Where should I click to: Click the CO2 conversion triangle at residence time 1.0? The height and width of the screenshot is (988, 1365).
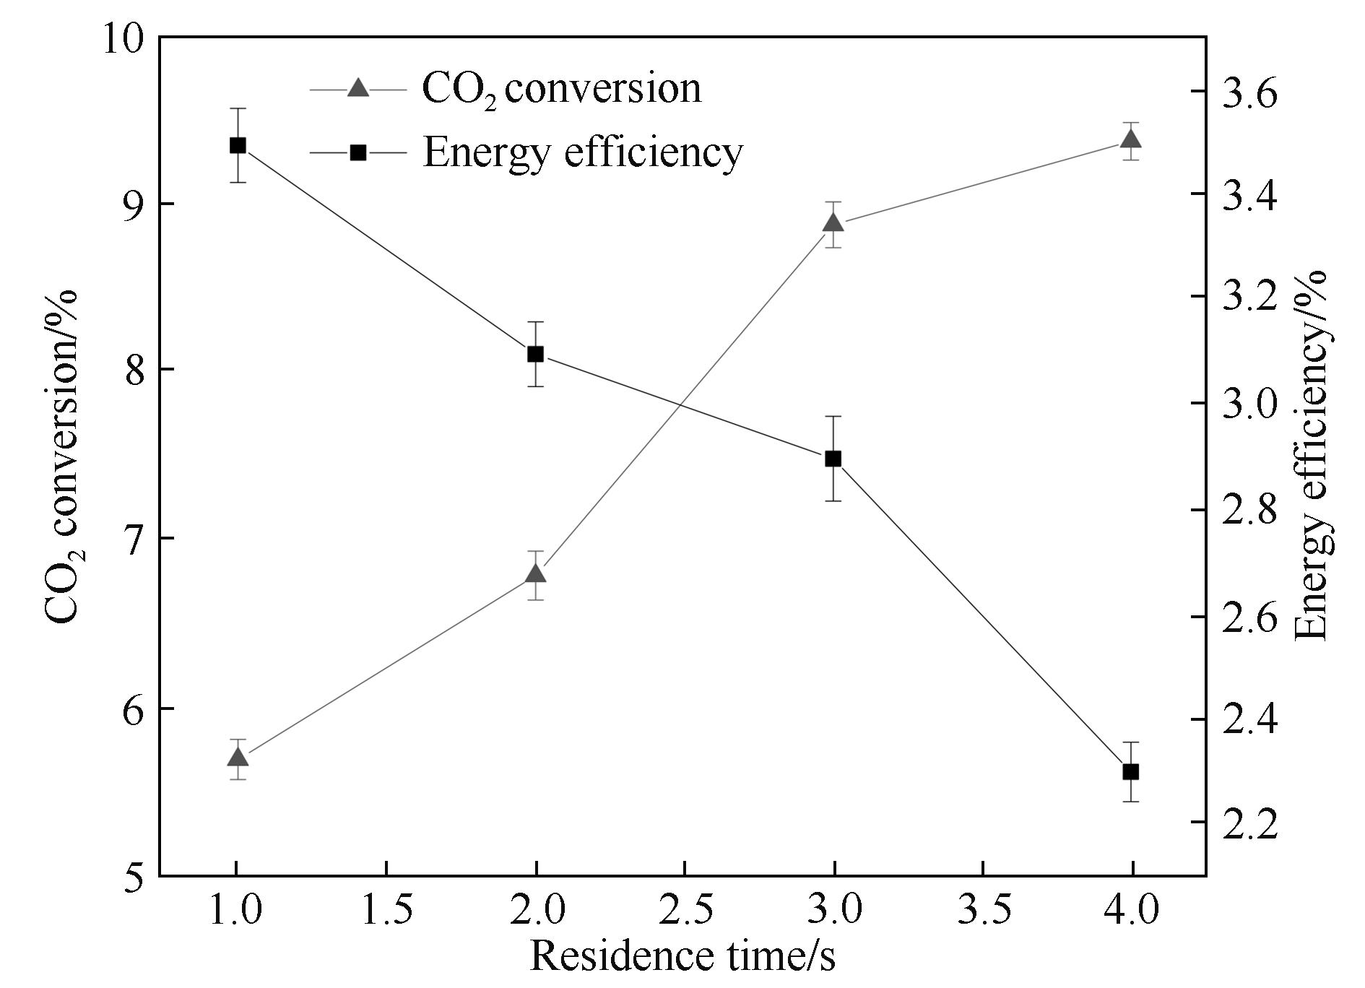[x=238, y=758]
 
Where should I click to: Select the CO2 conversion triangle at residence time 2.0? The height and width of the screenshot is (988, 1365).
[x=535, y=574]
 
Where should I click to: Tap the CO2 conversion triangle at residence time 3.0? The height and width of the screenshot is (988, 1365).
[x=833, y=223]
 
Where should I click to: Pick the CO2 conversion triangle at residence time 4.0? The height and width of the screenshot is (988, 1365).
[x=1131, y=139]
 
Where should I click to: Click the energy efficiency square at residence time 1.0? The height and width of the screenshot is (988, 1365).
[x=238, y=145]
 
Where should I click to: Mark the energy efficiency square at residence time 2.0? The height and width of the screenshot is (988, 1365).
[x=535, y=354]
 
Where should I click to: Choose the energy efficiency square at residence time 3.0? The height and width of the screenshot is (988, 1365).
[x=833, y=459]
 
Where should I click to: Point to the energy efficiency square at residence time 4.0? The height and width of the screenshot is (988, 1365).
[x=1131, y=772]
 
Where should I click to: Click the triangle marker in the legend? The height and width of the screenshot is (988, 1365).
[x=358, y=89]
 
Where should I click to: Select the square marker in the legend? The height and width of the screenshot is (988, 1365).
[x=358, y=152]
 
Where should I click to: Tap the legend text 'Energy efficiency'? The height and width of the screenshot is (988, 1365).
[x=582, y=152]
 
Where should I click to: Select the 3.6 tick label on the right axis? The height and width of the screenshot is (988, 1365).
[x=1249, y=92]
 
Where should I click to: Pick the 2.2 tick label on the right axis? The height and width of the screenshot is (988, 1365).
[x=1249, y=823]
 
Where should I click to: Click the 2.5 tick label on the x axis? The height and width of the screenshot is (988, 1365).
[x=685, y=910]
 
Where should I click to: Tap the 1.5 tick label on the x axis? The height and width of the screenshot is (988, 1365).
[x=386, y=910]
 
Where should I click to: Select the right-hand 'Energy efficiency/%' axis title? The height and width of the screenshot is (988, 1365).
[x=1311, y=455]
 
